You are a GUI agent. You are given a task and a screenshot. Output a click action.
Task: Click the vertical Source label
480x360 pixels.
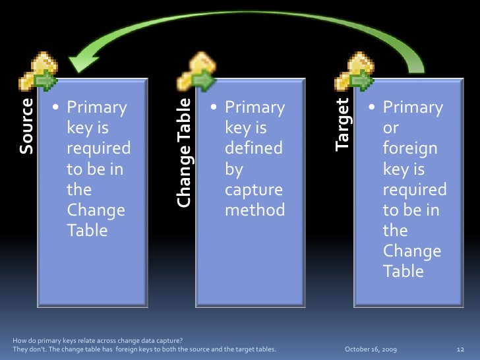[x=27, y=126]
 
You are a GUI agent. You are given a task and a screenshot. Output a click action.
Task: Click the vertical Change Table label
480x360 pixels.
[x=185, y=152]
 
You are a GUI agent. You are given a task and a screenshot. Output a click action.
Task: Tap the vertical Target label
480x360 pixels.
[x=342, y=124]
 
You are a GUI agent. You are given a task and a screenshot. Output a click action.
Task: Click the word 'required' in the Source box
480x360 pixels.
[x=98, y=148]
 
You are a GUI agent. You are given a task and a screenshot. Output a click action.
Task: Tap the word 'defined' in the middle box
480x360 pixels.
[x=253, y=148]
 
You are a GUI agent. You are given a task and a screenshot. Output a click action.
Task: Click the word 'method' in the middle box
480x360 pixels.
[x=255, y=210]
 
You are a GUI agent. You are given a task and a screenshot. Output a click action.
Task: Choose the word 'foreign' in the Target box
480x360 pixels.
[x=409, y=148]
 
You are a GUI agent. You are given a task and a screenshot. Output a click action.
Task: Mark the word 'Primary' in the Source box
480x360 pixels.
[x=97, y=107]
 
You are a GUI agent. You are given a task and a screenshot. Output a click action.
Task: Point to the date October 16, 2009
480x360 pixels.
[x=375, y=347]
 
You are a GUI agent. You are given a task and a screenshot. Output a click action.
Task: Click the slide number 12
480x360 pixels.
[x=461, y=347]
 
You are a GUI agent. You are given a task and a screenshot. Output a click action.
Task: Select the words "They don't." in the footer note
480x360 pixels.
[x=30, y=347]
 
